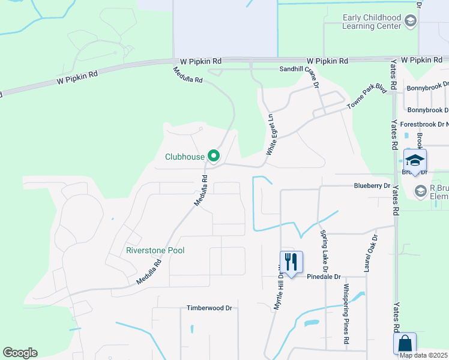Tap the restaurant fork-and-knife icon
tap(291, 262)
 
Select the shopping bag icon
tap(405, 344)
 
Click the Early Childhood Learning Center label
tap(372, 22)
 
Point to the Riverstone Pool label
tap(155, 250)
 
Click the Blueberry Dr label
tap(372, 186)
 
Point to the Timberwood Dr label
tap(209, 308)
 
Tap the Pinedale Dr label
tap(324, 277)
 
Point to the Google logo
tap(20, 353)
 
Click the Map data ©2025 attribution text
tap(423, 355)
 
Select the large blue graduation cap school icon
tap(415, 160)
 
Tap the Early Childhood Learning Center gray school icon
tap(411, 22)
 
